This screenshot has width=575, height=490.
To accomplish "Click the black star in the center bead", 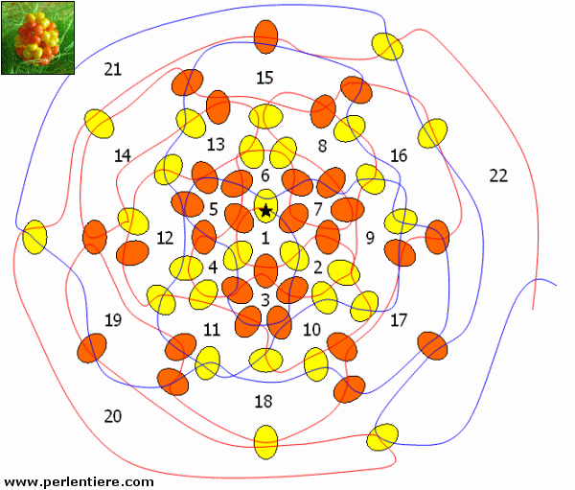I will pyautogui.click(x=265, y=209).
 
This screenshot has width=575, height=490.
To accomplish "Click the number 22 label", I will pyautogui.click(x=498, y=175).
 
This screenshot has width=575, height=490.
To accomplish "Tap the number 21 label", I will pyautogui.click(x=113, y=69).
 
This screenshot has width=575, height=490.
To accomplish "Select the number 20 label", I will pyautogui.click(x=113, y=415).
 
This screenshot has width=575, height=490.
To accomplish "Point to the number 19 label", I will pyautogui.click(x=113, y=319).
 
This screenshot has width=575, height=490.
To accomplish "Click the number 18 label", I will pyautogui.click(x=264, y=400).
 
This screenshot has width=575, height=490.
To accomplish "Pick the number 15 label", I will pyautogui.click(x=265, y=77).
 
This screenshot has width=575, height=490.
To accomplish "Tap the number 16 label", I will pyautogui.click(x=399, y=155).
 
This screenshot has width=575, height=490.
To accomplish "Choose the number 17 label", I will pyautogui.click(x=399, y=319).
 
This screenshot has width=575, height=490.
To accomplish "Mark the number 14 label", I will pyautogui.click(x=123, y=155).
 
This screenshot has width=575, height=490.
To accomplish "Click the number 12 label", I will pyautogui.click(x=166, y=237).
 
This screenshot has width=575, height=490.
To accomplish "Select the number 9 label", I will pyautogui.click(x=370, y=237).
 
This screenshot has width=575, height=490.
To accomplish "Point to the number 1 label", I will pyautogui.click(x=265, y=238).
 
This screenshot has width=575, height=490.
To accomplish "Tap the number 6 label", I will pyautogui.click(x=265, y=175).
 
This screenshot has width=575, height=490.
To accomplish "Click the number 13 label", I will pyautogui.click(x=216, y=144).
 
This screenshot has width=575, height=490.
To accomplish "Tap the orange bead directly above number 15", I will pyautogui.click(x=265, y=36).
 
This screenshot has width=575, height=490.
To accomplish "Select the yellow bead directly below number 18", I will pyautogui.click(x=265, y=441).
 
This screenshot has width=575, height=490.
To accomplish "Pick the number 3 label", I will pyautogui.click(x=265, y=299).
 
